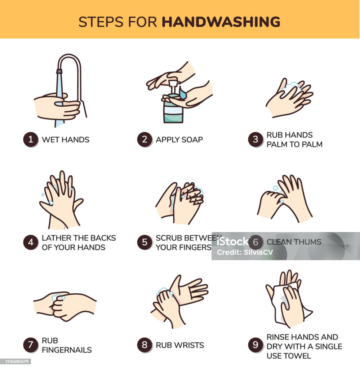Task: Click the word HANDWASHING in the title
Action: click(221, 22)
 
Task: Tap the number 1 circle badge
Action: click(31, 139)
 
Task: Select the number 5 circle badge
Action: click(145, 243)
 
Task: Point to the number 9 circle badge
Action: click(255, 345)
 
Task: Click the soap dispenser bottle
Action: click(173, 110)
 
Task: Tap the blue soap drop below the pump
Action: click(183, 95)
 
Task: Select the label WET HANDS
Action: click(66, 140)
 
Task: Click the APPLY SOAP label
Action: click(179, 140)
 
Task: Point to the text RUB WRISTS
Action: click(180, 345)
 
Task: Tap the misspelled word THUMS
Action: click(307, 242)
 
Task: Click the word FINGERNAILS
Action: click(67, 350)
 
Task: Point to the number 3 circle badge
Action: click(255, 139)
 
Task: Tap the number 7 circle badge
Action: click(31, 345)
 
